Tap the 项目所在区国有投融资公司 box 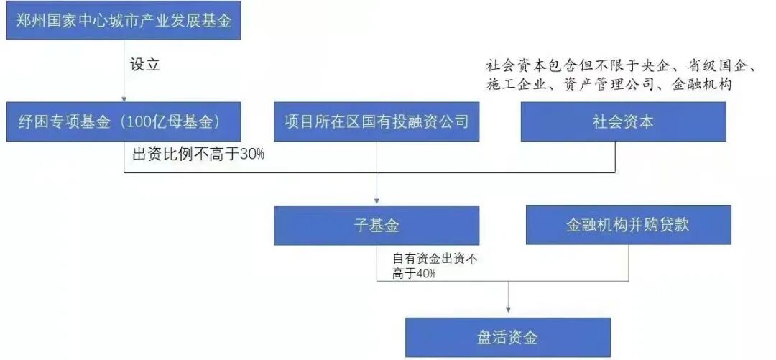[377, 121]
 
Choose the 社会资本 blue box [623, 121]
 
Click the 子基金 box [377, 226]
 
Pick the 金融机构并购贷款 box [628, 224]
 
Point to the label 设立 [144, 65]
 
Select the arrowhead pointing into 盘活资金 [508, 313]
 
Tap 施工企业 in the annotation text [514, 85]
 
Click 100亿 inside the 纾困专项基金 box [142, 122]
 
